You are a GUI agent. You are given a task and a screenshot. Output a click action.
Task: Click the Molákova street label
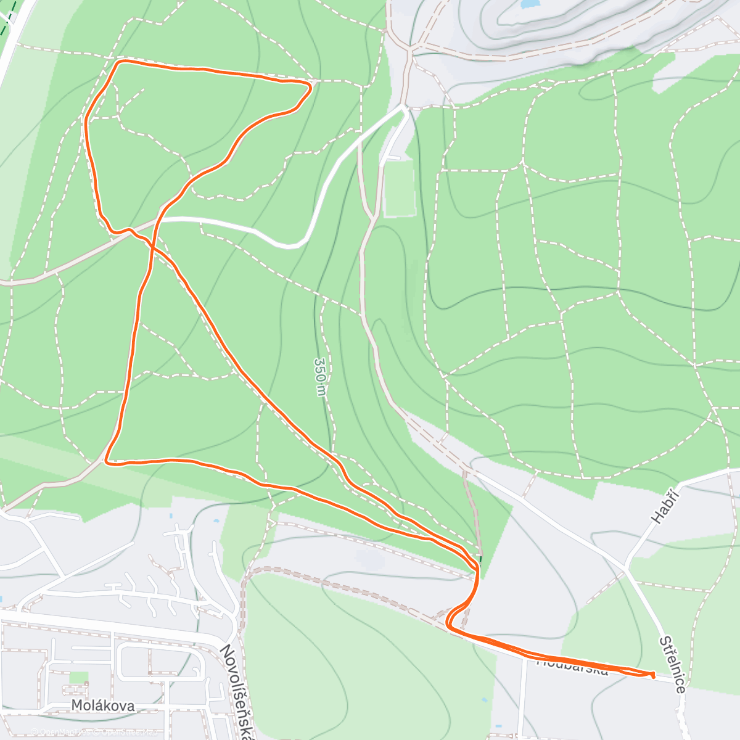pos(102,705)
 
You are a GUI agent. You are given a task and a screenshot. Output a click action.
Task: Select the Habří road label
pos(666,504)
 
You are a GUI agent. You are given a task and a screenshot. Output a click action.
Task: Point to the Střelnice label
pos(672,664)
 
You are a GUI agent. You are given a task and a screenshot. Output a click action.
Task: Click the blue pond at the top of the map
pos(529,4)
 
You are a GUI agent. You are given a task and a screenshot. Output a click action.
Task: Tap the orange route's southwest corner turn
pos(107,460)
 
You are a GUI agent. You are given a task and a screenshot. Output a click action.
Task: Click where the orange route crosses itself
pos(149,244)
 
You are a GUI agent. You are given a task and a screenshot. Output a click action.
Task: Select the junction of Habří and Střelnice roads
pos(627,568)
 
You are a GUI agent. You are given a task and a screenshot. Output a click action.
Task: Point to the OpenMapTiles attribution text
pos(59,732)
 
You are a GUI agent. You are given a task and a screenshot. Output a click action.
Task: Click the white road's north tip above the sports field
pos(404,107)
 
